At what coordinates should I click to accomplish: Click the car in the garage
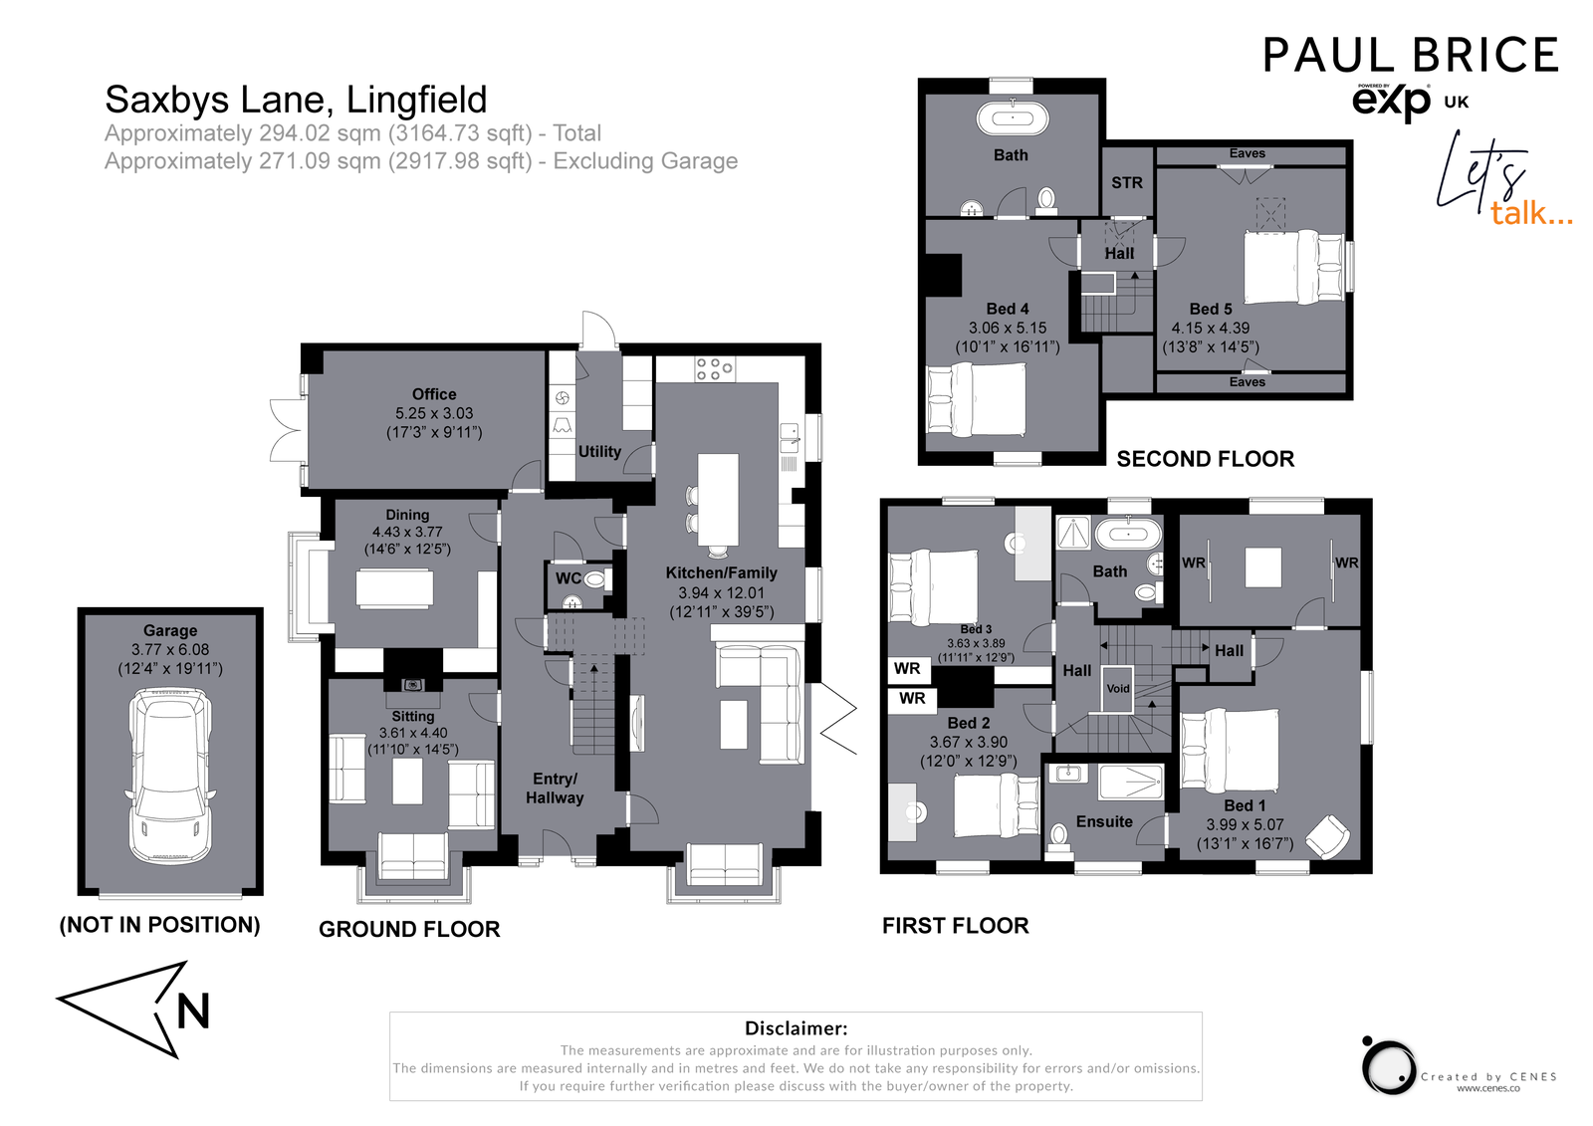(170, 779)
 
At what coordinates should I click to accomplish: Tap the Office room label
(434, 394)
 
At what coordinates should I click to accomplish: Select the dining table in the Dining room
(395, 587)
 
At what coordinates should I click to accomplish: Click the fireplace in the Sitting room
(412, 685)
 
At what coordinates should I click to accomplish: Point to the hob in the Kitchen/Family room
(714, 369)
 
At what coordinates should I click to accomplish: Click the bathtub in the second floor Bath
(1013, 119)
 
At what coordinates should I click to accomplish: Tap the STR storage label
(1127, 183)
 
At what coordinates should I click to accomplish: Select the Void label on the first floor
(1118, 689)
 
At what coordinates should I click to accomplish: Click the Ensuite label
(1104, 822)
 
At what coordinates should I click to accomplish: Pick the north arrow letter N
(193, 1013)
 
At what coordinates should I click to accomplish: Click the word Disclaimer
(796, 1028)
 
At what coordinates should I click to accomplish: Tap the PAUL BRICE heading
(1410, 56)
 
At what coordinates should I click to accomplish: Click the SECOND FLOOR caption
(1205, 459)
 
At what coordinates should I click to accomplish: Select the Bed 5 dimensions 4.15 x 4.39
(1210, 328)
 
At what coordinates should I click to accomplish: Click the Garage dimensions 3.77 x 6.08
(170, 649)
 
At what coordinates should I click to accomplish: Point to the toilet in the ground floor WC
(595, 579)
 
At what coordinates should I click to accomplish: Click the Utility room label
(599, 452)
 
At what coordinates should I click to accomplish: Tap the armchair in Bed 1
(1327, 835)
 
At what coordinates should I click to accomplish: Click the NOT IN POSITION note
(160, 925)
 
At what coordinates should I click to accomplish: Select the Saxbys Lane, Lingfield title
(296, 100)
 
